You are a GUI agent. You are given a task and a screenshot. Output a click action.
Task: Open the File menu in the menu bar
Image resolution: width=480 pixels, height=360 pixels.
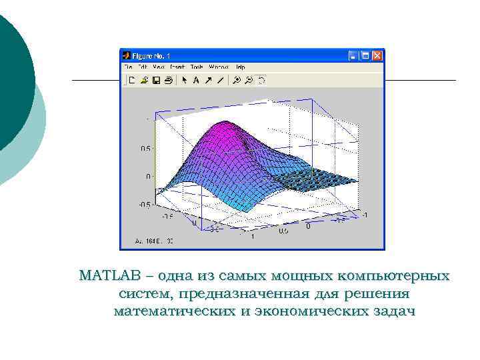coord(127,67)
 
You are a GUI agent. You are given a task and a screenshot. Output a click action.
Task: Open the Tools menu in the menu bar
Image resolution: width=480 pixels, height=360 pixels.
coord(197,67)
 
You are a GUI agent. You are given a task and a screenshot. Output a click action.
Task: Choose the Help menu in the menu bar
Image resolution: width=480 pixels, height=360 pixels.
coord(240,67)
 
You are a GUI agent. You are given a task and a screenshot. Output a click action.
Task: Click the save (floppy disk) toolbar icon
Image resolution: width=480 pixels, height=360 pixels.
coord(156,80)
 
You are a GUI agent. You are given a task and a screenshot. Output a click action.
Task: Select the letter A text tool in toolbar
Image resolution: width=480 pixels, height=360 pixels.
coord(196,80)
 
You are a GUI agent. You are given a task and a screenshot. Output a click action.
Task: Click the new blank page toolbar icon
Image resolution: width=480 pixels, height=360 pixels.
coord(132,80)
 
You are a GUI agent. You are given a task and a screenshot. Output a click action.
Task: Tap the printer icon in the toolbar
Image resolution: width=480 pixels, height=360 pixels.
coord(168,80)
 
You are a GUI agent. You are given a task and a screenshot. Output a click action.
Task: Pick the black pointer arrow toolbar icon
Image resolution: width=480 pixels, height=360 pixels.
coord(185,80)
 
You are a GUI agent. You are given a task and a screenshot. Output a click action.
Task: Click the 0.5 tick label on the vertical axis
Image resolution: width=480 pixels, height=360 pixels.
coord(145,149)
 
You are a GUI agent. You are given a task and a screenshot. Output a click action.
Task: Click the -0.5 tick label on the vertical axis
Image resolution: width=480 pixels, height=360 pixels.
coord(143,205)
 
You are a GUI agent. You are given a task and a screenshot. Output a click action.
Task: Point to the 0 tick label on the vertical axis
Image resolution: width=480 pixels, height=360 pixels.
coord(147,177)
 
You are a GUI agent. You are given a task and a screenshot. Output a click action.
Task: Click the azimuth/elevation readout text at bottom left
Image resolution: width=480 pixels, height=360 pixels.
coord(154,240)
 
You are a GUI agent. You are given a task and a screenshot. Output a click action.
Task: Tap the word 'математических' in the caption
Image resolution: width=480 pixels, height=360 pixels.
coord(173,311)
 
